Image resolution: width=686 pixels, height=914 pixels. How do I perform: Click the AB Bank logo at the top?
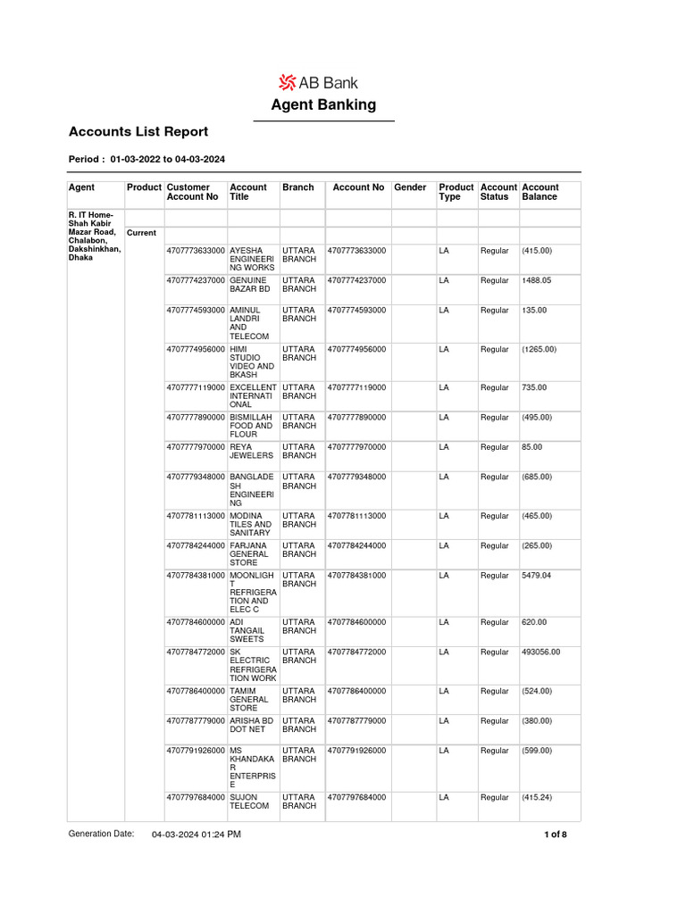point(323,83)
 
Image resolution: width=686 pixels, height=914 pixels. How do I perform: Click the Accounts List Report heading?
point(138,132)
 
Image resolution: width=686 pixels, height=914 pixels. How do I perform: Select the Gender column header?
point(410,187)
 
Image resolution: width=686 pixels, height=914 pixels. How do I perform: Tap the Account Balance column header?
point(540,192)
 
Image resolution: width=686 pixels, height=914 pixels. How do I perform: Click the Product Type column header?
point(456,192)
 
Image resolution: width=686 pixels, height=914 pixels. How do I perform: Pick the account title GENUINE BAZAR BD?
point(249,285)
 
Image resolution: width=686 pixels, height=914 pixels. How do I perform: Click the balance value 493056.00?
point(540,652)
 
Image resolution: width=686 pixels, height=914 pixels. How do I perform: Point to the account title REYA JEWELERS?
point(251,451)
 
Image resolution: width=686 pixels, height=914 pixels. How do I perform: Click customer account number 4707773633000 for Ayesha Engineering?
point(196,251)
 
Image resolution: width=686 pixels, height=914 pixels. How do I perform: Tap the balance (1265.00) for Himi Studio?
point(539,349)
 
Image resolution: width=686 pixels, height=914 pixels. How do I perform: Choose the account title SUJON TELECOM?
point(249,802)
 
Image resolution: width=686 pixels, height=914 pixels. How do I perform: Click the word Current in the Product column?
point(141,233)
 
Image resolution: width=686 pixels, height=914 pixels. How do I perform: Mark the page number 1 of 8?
point(555,835)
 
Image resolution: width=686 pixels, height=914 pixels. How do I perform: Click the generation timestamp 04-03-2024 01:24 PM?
point(196,835)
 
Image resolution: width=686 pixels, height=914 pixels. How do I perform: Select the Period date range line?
point(146,160)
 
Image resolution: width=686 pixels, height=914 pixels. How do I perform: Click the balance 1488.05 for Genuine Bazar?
point(536,280)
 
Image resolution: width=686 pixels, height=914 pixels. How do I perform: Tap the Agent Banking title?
point(323,105)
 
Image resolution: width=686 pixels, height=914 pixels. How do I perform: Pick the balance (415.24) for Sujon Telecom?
point(539,797)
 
